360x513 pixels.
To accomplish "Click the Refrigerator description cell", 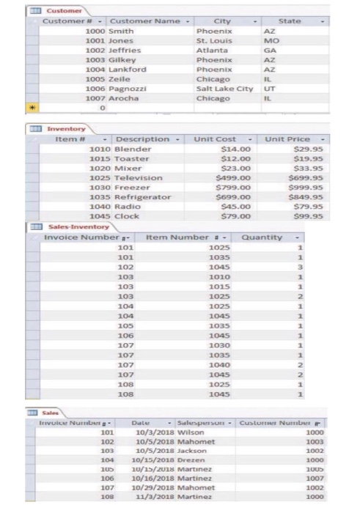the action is (x=144, y=197).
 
